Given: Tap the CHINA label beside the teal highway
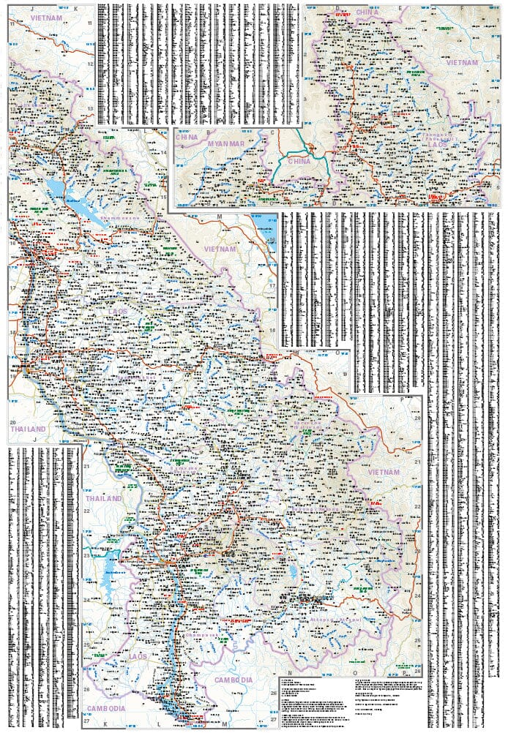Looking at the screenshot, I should click(x=299, y=160).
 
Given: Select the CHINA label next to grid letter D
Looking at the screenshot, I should click(x=367, y=12).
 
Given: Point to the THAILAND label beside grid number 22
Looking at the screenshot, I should click(x=103, y=498).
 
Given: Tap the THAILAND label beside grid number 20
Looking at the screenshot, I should click(x=28, y=429).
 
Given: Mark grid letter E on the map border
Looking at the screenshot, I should click(x=400, y=8).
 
